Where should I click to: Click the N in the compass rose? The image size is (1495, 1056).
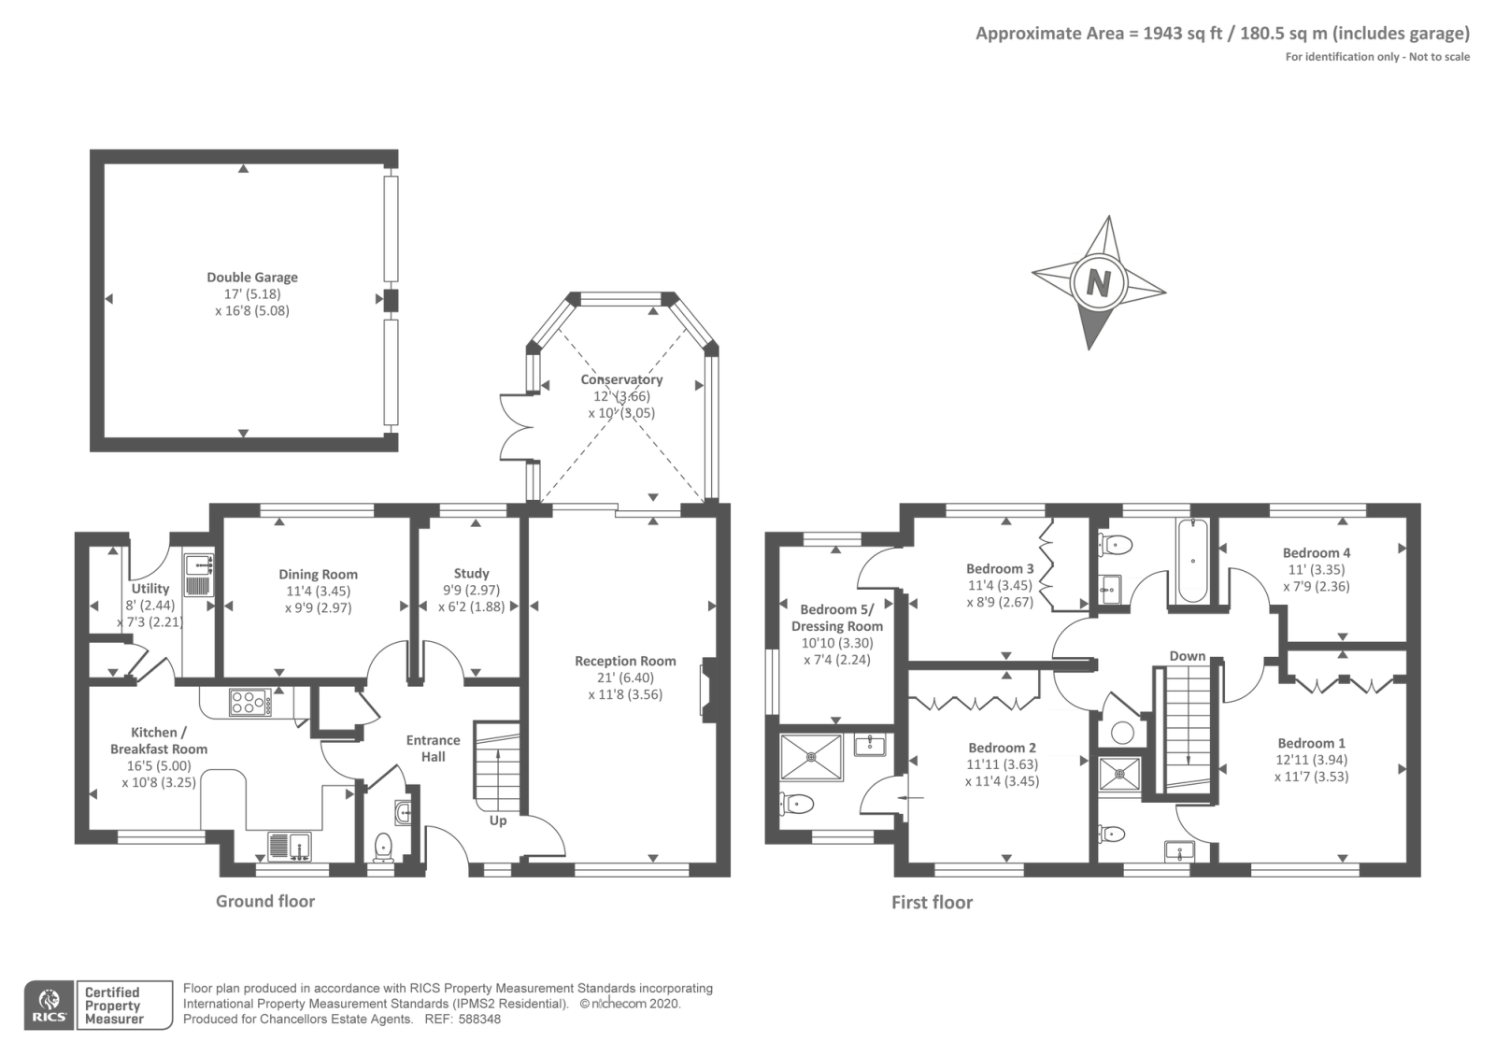coord(1098,283)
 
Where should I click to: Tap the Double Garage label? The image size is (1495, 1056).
coord(252,277)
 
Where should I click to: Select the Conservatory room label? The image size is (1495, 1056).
coord(621,379)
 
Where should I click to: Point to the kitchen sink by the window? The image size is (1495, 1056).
coord(290,847)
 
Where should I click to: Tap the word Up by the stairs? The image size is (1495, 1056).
coord(498,821)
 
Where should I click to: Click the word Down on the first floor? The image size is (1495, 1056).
coord(1188,656)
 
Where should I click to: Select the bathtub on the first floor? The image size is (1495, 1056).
coord(1193,561)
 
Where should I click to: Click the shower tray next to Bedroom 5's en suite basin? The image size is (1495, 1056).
coord(812,757)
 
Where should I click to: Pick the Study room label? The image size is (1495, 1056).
coord(471,574)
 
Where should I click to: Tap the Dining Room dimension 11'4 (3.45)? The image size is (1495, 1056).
coord(318,591)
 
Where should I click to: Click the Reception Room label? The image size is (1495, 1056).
coord(625,661)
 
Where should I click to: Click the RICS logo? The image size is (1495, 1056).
coord(50,1006)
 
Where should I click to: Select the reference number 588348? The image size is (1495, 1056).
coord(479,1020)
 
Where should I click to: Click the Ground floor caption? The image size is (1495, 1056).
coord(265,901)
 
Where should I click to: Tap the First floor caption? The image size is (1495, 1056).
coord(932,903)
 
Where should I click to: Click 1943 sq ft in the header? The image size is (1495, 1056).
coord(1183,34)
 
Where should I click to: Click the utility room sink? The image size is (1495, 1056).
coord(197,566)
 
